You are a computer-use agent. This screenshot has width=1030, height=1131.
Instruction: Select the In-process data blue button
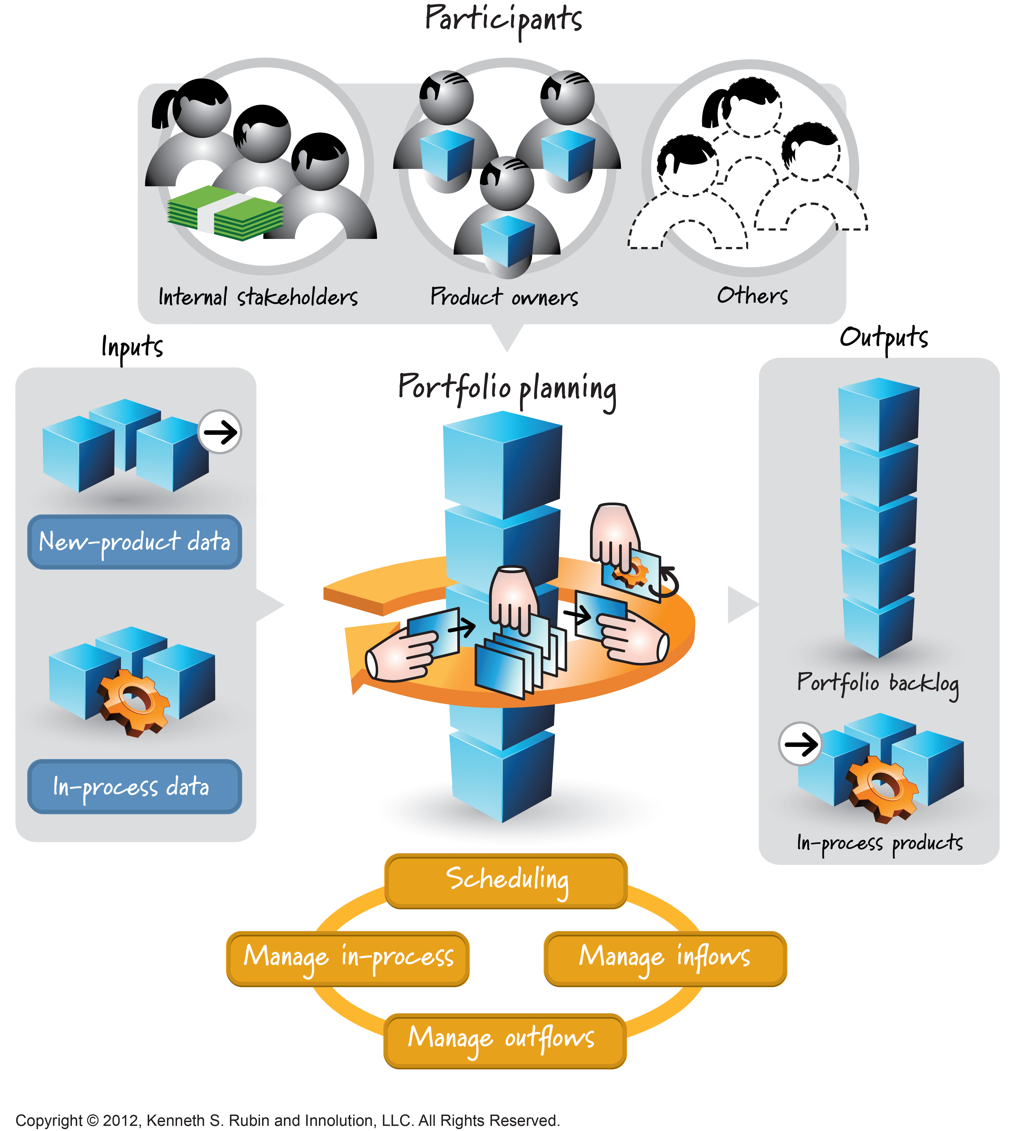pos(135,787)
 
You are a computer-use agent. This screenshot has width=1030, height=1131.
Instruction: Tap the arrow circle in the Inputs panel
pos(220,432)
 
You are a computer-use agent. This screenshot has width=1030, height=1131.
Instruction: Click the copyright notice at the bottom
pos(287,1120)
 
